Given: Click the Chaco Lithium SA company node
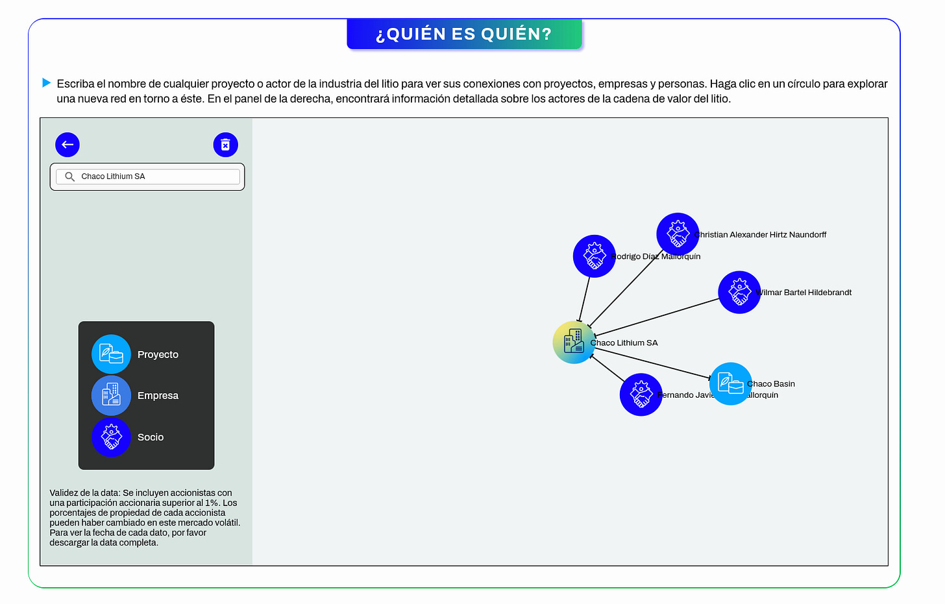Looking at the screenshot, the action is pos(574,342).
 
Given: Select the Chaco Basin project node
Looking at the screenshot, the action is pos(731,383).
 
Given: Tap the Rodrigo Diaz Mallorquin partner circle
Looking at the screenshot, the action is pos(594,256).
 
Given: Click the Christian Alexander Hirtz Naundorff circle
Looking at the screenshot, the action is pos(678,234).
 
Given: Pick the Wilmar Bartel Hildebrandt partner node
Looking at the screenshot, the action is pos(739,292).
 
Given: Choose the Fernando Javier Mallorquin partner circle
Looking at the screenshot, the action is pos(641,394).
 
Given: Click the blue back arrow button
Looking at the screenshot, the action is pos(67,145).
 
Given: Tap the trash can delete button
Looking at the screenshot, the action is pos(225,145).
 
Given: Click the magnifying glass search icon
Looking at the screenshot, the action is pos(69,176).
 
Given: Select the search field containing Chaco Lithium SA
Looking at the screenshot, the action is pos(156,176).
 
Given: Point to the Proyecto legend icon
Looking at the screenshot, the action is pos(111,354).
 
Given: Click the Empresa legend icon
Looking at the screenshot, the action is pos(111,395).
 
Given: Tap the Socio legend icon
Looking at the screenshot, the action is pos(111,437).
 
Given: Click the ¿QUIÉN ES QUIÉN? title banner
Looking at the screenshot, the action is pos(464,34).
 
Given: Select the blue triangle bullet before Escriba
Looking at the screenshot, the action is pos(46,83).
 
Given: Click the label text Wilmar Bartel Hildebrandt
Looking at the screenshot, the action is pos(805,293).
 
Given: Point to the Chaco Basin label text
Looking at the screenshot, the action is pos(772,384).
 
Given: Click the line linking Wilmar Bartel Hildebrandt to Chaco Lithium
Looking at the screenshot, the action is pos(656,317).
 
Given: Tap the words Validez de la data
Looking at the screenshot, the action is pos(85,493).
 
